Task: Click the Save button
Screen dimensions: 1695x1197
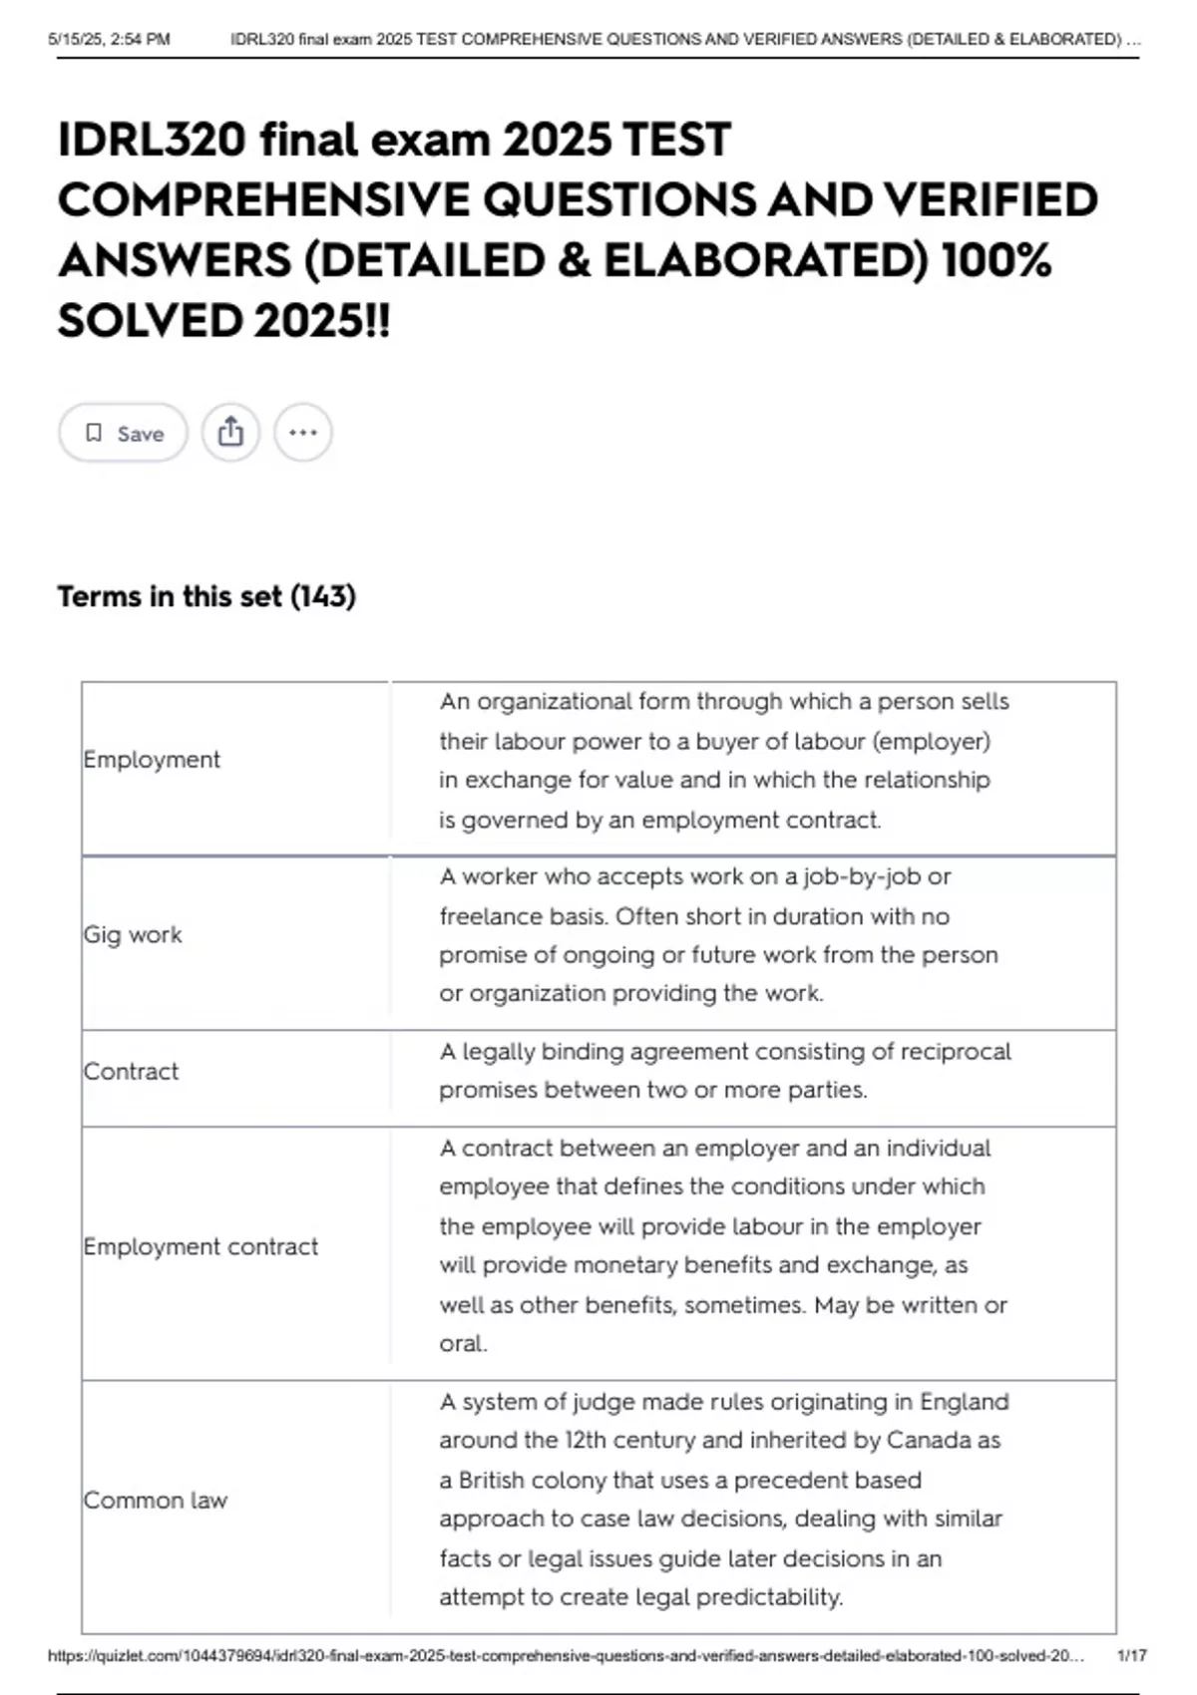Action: point(123,433)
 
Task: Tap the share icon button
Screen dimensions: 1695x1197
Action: point(230,433)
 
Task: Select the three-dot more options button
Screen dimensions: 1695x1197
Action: point(303,433)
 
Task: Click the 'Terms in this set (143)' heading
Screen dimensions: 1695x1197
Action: point(206,596)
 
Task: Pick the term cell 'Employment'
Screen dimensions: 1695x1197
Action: point(152,760)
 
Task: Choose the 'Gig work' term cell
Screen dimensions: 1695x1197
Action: point(133,935)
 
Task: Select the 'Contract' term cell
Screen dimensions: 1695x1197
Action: point(131,1072)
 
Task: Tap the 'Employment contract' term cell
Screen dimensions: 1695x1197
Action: point(200,1246)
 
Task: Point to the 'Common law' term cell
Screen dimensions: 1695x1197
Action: point(156,1501)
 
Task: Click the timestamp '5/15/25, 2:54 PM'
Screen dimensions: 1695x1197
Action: point(109,40)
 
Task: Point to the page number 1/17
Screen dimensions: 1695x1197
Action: point(1132,1656)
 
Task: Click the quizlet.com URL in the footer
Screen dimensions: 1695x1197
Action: point(566,1656)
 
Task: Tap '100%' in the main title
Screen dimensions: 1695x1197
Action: point(996,261)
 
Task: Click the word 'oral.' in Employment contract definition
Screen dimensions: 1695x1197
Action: point(463,1344)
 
